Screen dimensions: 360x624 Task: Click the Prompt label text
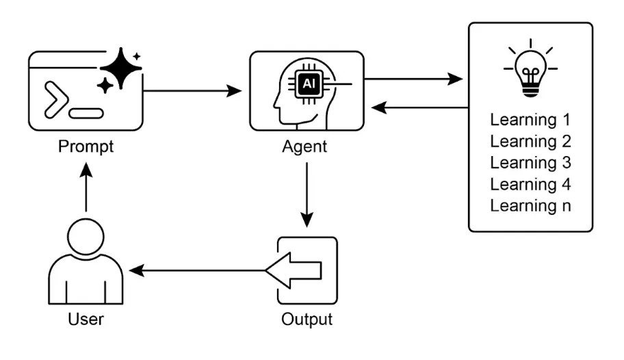(x=86, y=146)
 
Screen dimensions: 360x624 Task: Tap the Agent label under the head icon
(x=304, y=146)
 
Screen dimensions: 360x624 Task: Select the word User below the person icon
(x=86, y=319)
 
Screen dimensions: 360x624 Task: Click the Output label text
(x=307, y=319)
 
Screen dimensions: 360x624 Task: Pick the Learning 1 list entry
(x=530, y=120)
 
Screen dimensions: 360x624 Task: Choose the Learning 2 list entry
(x=530, y=142)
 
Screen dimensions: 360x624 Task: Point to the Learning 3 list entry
(x=530, y=163)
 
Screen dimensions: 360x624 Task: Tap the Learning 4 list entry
(x=530, y=184)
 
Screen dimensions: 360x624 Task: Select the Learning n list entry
(x=530, y=205)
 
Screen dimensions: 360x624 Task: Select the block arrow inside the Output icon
(x=294, y=271)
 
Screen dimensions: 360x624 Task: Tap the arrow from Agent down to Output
(x=307, y=195)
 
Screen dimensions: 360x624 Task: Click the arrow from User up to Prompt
(x=86, y=188)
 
